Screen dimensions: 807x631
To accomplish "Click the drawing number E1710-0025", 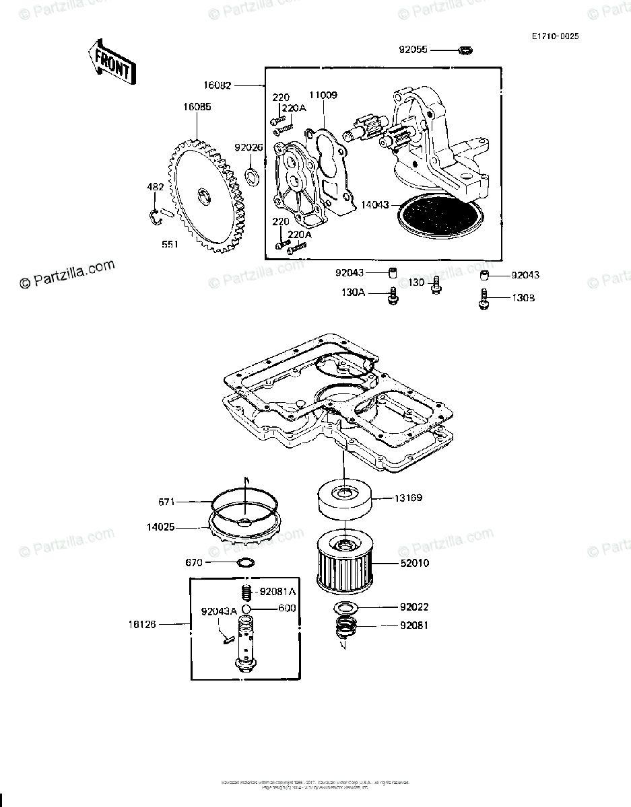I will (554, 35).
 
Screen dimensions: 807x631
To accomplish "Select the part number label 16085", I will (197, 106).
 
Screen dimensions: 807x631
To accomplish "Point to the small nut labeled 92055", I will (465, 50).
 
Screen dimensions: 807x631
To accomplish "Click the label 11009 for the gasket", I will (323, 95).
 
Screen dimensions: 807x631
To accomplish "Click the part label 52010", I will (413, 563).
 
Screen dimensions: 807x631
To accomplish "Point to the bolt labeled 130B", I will (484, 299).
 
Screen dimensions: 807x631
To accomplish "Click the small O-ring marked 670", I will (246, 562).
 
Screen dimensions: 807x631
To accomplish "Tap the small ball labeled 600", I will (246, 609).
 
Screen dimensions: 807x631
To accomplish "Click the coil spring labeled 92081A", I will (246, 592).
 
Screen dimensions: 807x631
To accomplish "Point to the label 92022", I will (413, 607).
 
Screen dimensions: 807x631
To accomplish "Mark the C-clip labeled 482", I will (156, 215).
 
